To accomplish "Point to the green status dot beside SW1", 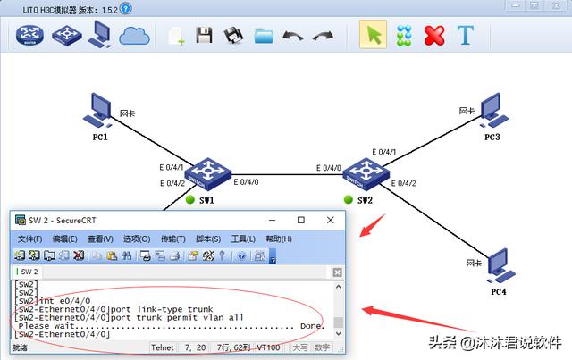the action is click(190, 200).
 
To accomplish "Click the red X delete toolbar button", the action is click(433, 36).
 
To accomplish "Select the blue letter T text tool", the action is click(465, 36).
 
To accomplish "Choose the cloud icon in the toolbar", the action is click(134, 36).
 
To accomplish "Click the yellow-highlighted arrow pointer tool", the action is click(373, 36).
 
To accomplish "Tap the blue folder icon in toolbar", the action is click(263, 37).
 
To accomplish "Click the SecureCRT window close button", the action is click(327, 220).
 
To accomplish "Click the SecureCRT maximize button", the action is click(300, 220).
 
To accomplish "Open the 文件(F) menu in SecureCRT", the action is click(30, 239).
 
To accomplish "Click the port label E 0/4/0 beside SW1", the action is click(248, 182).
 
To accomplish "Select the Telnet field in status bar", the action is click(163, 347).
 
